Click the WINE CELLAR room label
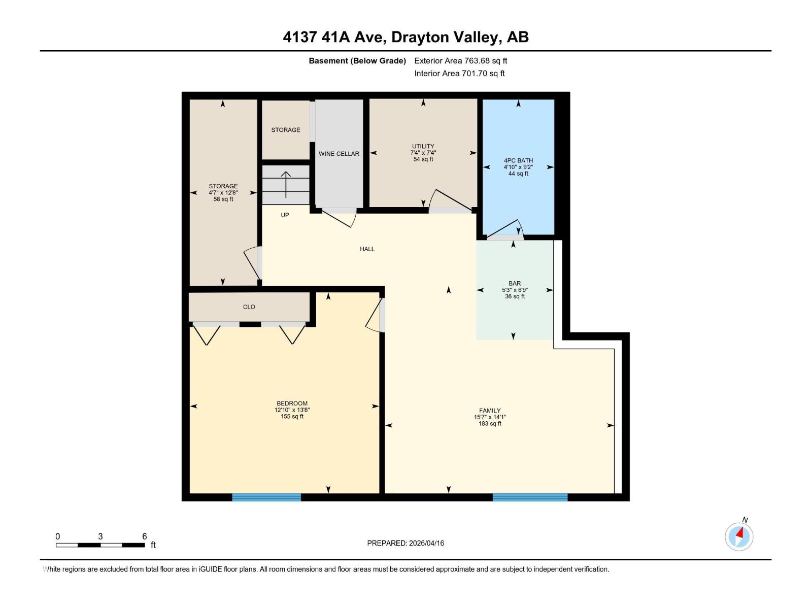(339, 154)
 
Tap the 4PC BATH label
(518, 160)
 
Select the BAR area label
(515, 284)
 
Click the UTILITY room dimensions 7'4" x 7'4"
(423, 153)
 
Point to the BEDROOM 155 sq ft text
(292, 417)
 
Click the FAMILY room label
(490, 411)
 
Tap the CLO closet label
(249, 307)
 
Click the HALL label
(367, 249)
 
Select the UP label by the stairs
(285, 215)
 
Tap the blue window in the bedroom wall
(266, 497)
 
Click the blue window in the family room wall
(530, 497)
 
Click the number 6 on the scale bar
(145, 536)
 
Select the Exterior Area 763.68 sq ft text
(460, 61)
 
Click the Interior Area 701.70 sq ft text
(459, 74)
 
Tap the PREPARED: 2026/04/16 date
(405, 543)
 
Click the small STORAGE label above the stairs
(285, 130)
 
